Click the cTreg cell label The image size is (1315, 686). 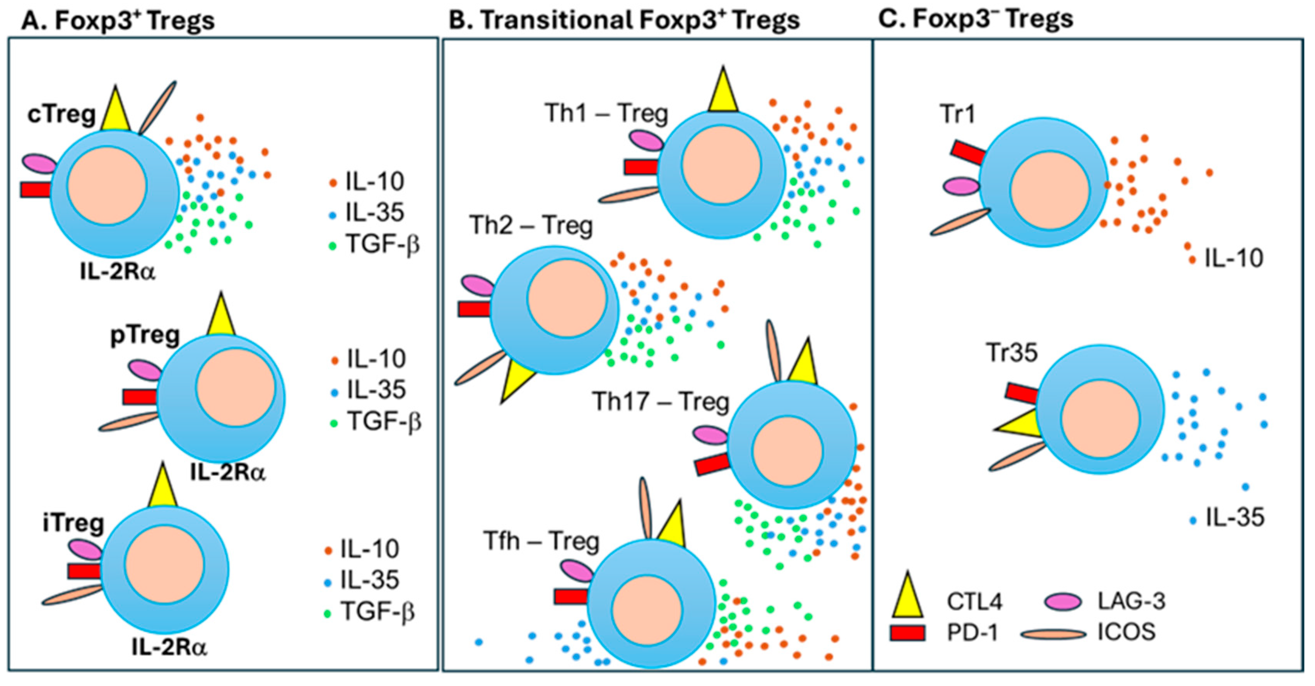(x=61, y=115)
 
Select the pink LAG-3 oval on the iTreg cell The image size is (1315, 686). (x=85, y=549)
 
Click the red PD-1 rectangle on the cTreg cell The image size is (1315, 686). (x=36, y=190)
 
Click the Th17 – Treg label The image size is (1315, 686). (x=661, y=401)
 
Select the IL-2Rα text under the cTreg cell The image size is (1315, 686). (x=118, y=272)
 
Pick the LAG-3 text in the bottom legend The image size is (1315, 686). (x=1132, y=601)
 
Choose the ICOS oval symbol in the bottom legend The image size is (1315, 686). (x=1053, y=634)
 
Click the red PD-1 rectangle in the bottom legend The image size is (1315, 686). (x=907, y=632)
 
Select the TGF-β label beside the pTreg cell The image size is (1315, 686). (x=384, y=422)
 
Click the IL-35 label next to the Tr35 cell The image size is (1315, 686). (x=1234, y=518)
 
